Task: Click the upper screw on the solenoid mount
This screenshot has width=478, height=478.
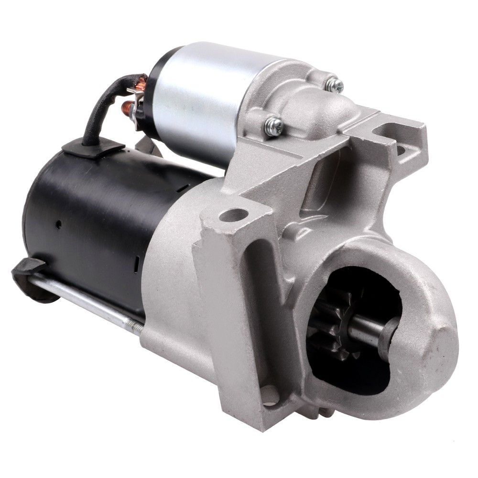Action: point(335,85)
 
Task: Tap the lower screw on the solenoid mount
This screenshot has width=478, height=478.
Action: point(274,126)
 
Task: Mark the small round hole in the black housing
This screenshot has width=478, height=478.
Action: point(58,224)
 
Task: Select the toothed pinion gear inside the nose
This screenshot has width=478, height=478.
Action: point(335,325)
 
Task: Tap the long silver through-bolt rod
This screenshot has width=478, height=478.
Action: point(81,299)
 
